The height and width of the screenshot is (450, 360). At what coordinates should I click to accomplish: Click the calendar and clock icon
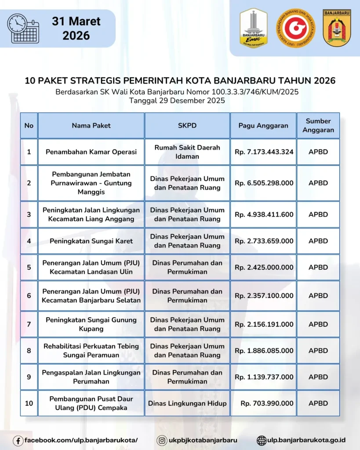pos(23,29)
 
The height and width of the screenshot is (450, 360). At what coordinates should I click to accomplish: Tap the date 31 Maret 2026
pos(76,28)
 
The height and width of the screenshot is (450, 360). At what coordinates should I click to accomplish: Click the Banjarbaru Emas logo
pos(253,28)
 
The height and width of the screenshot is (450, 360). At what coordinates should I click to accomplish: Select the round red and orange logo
pos(295,28)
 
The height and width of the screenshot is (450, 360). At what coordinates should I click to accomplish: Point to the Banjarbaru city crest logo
pos(337,28)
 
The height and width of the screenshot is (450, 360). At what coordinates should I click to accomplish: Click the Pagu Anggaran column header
pos(263,126)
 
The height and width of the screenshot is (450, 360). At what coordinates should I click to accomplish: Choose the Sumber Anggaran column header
pos(318,126)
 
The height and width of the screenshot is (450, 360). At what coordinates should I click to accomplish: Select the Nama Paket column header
pos(91,126)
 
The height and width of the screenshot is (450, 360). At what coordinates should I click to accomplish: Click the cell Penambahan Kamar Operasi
pos(91,152)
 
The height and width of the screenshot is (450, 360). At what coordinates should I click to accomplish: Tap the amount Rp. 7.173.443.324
pos(264,152)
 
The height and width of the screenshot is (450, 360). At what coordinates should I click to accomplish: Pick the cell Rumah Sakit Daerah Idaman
pos(187,152)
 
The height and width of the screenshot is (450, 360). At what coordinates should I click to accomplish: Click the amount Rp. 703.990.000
pos(267,403)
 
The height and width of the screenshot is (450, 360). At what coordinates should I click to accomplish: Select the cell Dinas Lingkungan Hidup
pos(187,403)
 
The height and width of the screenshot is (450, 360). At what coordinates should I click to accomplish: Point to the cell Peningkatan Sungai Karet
pos(91,241)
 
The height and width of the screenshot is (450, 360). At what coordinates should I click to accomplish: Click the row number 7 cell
pos(29,324)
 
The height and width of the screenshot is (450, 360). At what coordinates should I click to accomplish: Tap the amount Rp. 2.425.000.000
pos(264,267)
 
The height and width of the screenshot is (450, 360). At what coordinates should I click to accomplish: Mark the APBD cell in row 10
pos(318,403)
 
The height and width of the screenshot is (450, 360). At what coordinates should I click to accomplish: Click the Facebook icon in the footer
pos(18,440)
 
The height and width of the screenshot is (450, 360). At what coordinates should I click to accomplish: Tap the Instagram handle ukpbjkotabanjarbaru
pos(203,440)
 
